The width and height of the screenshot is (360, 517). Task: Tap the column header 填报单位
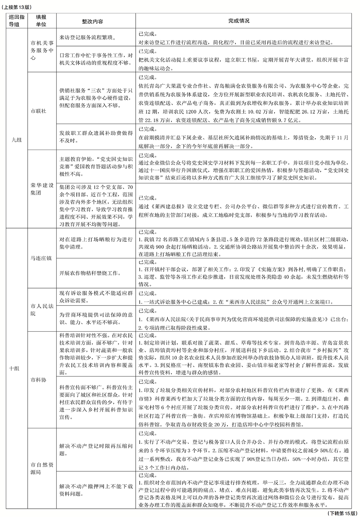41,22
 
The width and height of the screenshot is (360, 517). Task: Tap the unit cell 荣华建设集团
41,189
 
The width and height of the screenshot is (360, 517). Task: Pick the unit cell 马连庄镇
41,258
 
